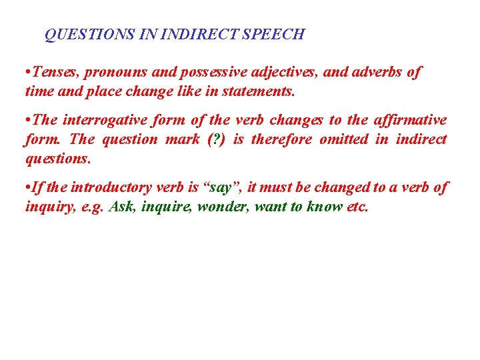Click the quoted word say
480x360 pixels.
click(x=225, y=188)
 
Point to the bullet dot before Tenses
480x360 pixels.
click(x=28, y=72)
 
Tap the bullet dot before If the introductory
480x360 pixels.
click(x=28, y=188)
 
